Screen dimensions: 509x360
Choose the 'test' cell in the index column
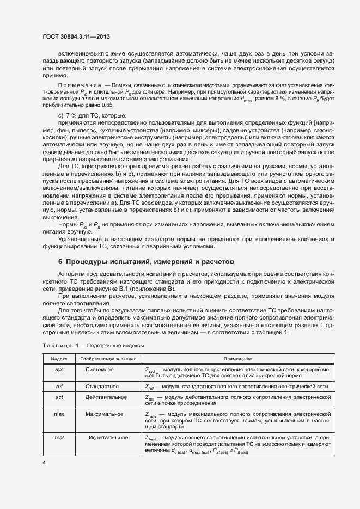tap(59, 437)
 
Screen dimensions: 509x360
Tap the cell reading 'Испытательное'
tap(108, 437)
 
